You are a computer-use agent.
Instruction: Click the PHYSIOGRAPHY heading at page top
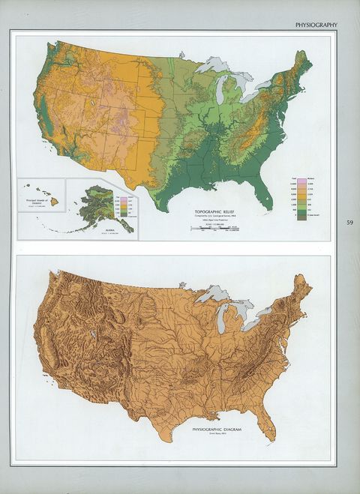coord(316,25)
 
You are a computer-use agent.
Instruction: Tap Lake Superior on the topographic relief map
coord(211,65)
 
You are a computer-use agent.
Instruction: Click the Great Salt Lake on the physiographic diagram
coord(91,331)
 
